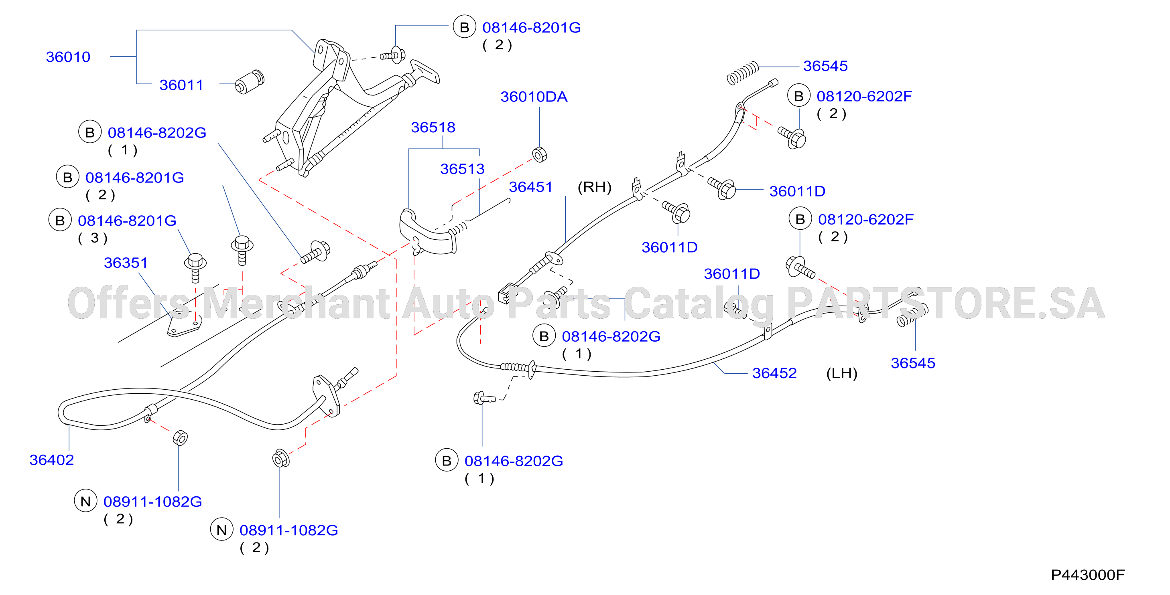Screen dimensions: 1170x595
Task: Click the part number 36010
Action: click(68, 57)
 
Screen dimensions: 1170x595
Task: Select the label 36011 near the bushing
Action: click(181, 85)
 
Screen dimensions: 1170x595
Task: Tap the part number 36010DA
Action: click(534, 97)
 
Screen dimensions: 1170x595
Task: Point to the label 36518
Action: click(433, 127)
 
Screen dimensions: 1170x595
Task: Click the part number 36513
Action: click(462, 169)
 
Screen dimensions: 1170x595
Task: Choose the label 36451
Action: click(530, 187)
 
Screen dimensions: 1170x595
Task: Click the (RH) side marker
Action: click(595, 187)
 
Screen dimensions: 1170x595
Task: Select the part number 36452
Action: click(774, 373)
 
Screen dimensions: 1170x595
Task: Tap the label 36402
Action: click(52, 460)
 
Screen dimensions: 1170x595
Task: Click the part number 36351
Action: click(126, 263)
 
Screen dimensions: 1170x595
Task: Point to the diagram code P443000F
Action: click(1088, 575)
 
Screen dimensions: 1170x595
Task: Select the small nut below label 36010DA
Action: click(540, 154)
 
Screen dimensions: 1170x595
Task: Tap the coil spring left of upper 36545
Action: click(743, 73)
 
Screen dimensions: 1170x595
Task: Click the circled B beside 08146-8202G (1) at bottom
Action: click(447, 461)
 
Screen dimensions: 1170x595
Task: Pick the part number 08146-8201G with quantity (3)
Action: click(127, 221)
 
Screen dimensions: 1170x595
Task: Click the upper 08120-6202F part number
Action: click(864, 97)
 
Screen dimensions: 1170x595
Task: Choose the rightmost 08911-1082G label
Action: click(289, 530)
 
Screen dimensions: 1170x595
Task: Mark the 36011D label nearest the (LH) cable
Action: click(732, 274)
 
